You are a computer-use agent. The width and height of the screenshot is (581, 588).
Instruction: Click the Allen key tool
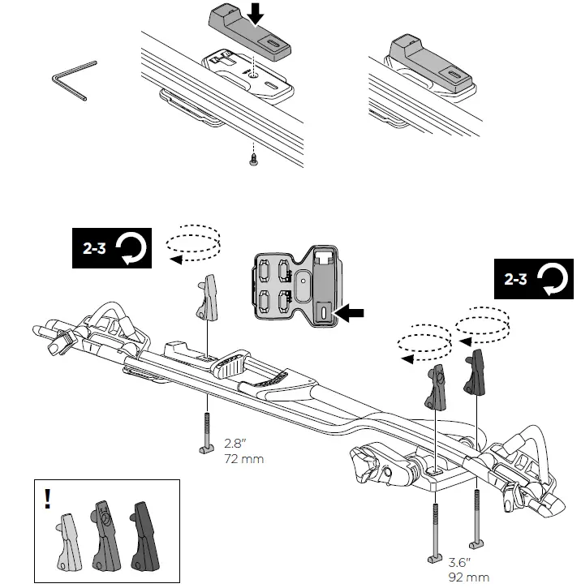(71, 80)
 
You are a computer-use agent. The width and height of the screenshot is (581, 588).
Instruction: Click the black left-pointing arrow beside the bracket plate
(351, 311)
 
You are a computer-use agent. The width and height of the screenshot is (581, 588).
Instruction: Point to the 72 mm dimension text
(243, 459)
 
